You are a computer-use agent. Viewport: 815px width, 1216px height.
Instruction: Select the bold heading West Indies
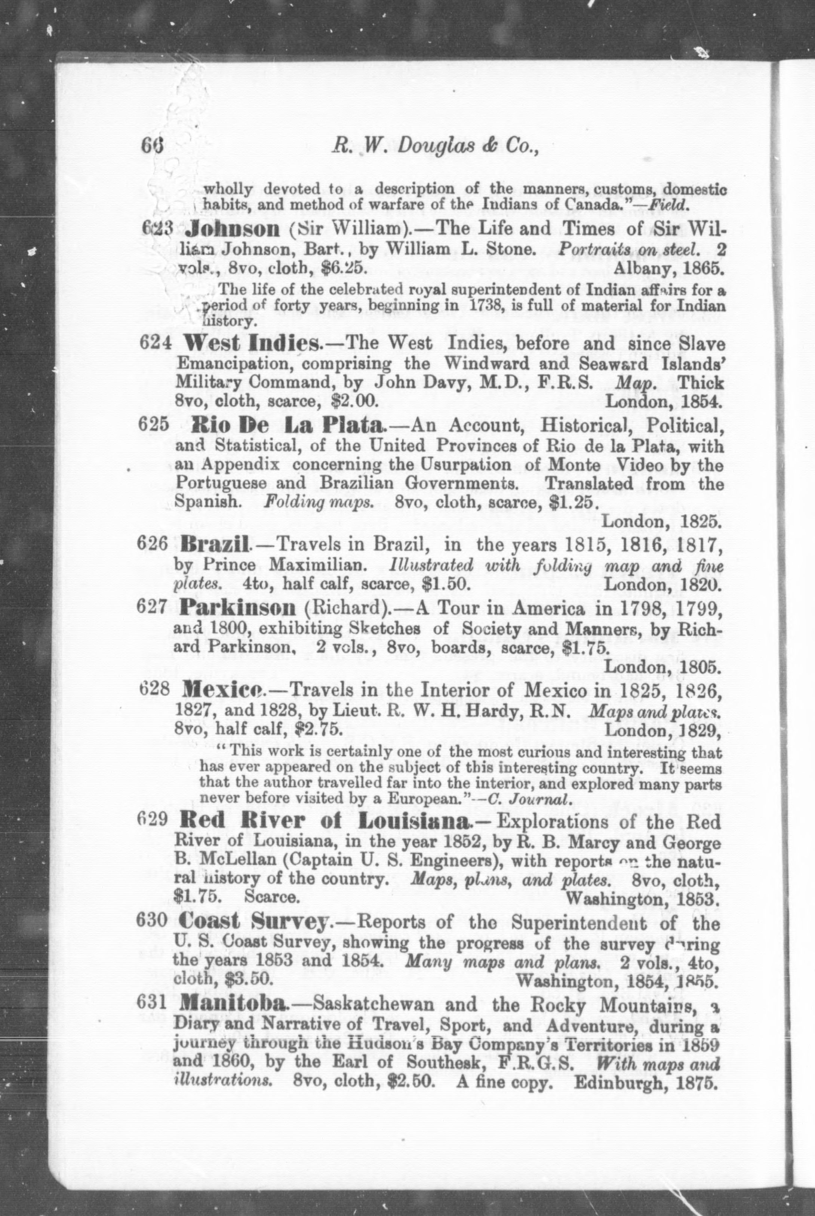249,344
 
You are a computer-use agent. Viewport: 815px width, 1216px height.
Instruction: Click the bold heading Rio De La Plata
287,426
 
